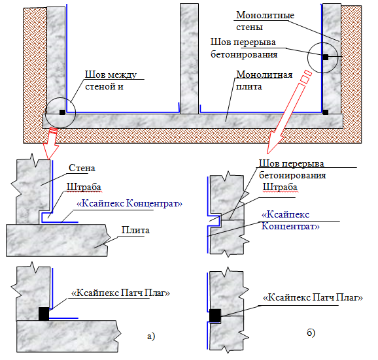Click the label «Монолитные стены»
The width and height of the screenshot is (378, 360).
[x=265, y=21]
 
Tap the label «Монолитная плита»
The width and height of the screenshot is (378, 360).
[x=264, y=80]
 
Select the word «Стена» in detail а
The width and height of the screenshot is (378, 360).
[x=82, y=168]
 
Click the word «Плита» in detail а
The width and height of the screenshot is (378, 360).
[x=135, y=230]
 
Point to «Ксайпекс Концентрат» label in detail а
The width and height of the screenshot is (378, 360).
[x=129, y=204]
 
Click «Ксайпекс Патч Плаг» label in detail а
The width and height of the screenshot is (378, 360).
[x=121, y=293]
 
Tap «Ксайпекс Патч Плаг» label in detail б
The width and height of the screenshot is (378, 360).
[x=313, y=298]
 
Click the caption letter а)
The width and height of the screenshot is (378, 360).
[x=151, y=336]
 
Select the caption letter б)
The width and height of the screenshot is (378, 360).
[x=311, y=333]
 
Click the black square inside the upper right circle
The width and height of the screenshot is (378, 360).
[x=326, y=57]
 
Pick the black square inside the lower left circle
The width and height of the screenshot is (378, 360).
[x=62, y=112]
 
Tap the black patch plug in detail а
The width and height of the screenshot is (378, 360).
[x=44, y=314]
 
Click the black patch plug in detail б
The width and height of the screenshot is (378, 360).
[x=215, y=316]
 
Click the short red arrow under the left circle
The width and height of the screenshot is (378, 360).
[x=51, y=144]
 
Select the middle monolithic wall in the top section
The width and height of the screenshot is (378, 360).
[x=189, y=59]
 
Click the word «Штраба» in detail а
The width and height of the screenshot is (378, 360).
[x=84, y=187]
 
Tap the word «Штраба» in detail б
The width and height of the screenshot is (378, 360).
[x=280, y=187]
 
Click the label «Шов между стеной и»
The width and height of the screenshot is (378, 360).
[x=111, y=80]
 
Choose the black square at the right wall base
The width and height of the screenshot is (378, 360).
[x=326, y=112]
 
